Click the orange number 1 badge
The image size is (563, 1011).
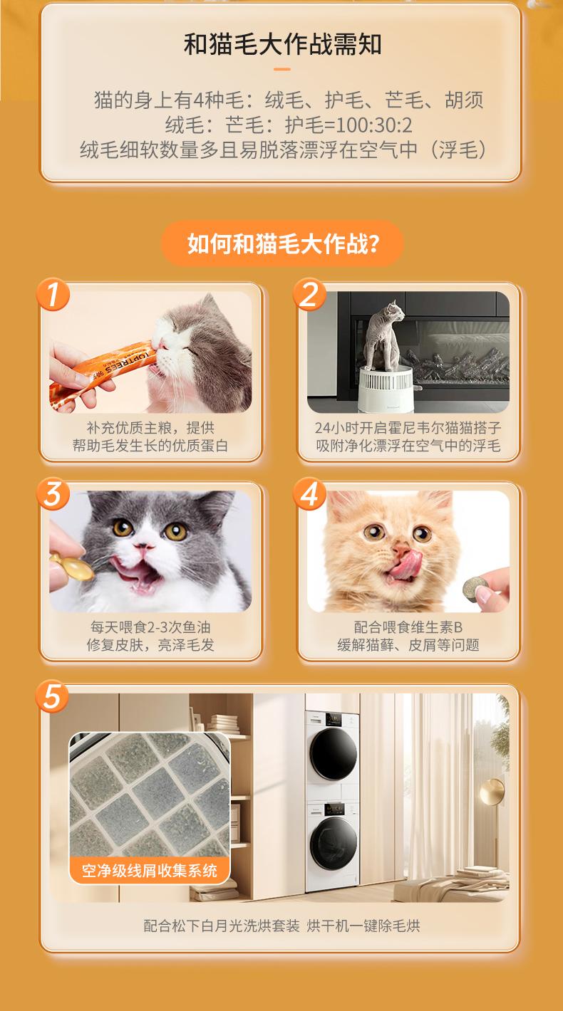pos(53,294)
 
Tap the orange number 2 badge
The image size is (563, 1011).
pos(309,294)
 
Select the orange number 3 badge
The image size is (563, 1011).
pos(53,493)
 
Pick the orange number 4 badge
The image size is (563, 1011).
pos(309,493)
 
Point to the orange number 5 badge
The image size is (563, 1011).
pos(52,696)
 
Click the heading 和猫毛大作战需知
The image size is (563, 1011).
pos(282,44)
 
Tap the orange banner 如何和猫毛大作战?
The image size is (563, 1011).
pos(282,243)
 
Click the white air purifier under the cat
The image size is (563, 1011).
pos(387,389)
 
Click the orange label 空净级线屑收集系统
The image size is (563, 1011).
pos(149,870)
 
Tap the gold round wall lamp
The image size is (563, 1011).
pos(492,791)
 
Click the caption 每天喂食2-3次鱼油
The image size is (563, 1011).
pos(150,627)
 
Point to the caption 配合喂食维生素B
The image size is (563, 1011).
pos(408,627)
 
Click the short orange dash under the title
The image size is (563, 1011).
pos(282,69)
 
